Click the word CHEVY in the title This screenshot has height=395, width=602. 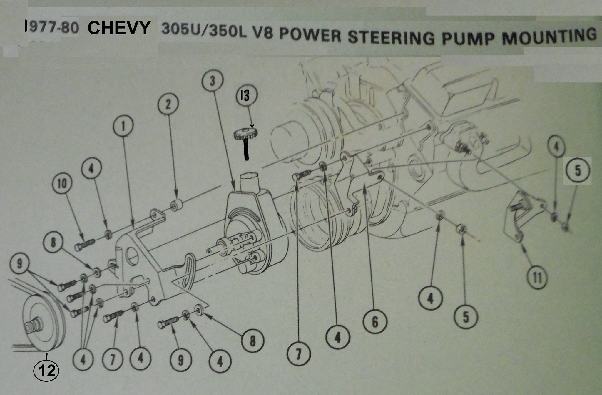tap(118, 29)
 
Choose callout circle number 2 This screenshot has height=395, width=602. tap(168, 105)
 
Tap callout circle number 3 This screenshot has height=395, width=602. tap(212, 81)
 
